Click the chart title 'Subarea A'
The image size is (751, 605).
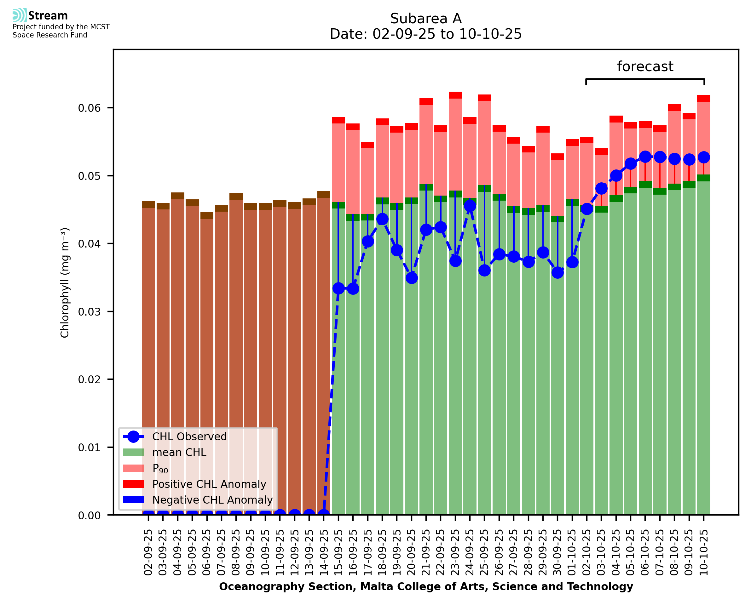click(x=426, y=19)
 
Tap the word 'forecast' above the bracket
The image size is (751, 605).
click(x=645, y=66)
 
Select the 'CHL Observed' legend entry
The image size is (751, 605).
click(x=189, y=436)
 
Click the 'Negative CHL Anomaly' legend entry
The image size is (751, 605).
click(x=212, y=500)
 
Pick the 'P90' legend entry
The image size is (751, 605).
click(x=160, y=468)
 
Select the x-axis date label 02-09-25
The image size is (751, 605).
click(x=148, y=552)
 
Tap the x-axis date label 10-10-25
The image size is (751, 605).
click(x=704, y=552)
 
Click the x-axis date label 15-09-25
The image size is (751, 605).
click(x=338, y=552)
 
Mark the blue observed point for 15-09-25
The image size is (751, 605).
click(x=338, y=288)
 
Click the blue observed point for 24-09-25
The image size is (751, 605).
click(x=470, y=206)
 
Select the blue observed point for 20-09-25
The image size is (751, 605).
click(x=411, y=278)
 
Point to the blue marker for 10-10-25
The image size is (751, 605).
click(x=704, y=157)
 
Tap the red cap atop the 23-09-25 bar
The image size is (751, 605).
click(x=455, y=95)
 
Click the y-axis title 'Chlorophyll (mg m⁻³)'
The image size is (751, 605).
click(x=65, y=282)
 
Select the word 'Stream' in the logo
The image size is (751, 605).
click(x=48, y=16)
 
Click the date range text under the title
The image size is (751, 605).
click(x=426, y=34)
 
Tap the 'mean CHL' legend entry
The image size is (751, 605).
click(x=179, y=452)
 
